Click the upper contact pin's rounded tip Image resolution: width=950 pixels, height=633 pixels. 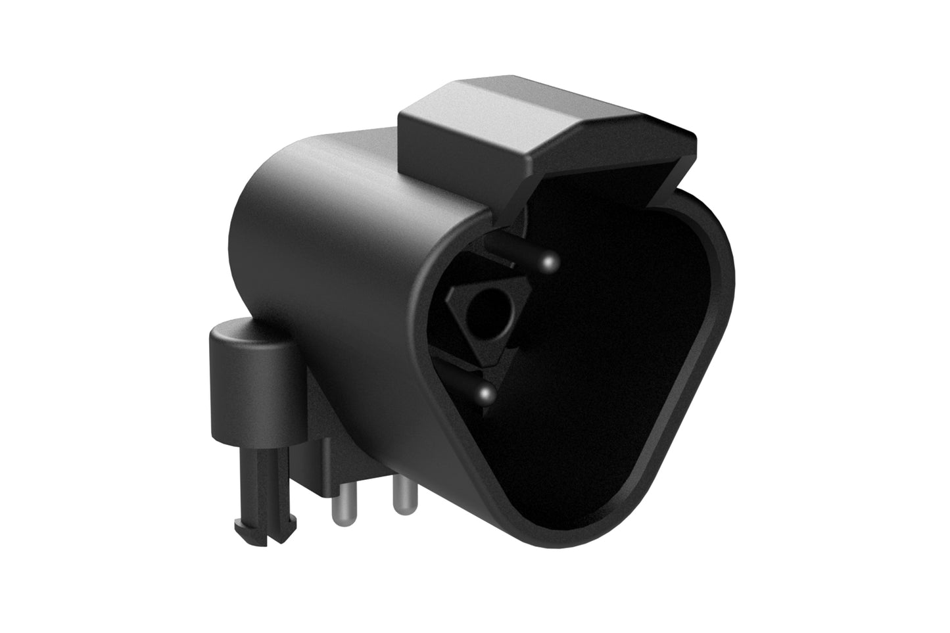pos(550,263)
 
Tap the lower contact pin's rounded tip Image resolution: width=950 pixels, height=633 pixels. pos(486,394)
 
